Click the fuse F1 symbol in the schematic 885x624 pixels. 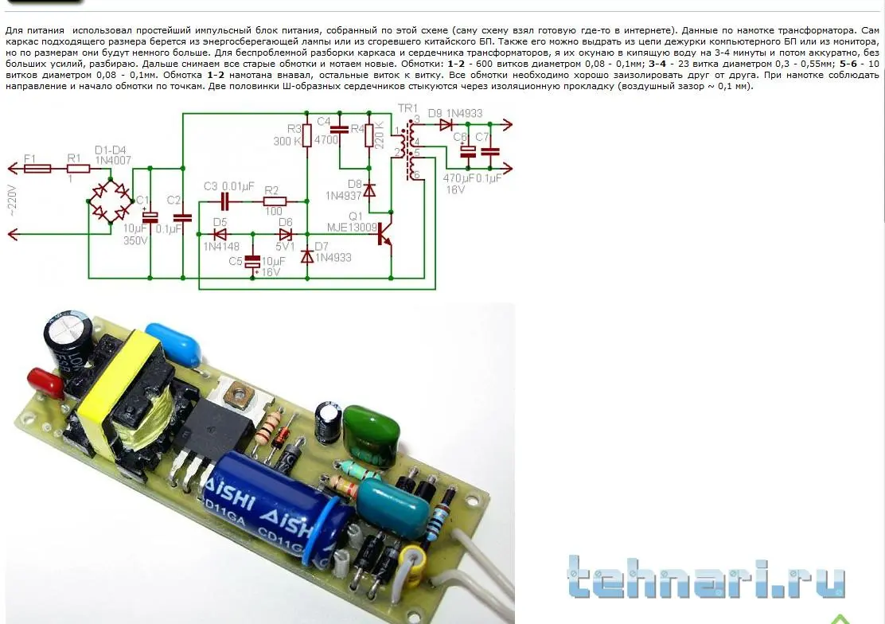point(38,169)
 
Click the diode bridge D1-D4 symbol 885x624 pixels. point(110,201)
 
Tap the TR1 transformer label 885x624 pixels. point(407,108)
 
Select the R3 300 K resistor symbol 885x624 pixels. point(309,136)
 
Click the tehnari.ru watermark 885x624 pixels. point(706,579)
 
